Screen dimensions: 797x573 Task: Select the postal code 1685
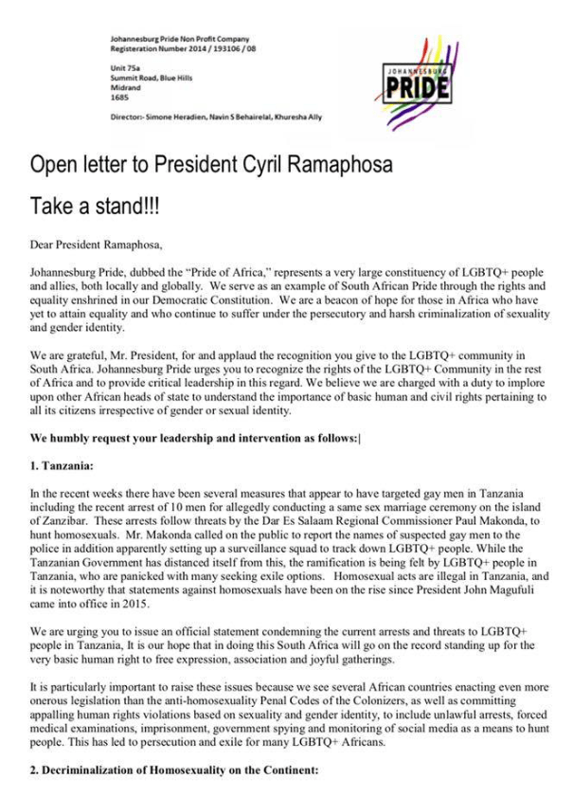coord(120,97)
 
